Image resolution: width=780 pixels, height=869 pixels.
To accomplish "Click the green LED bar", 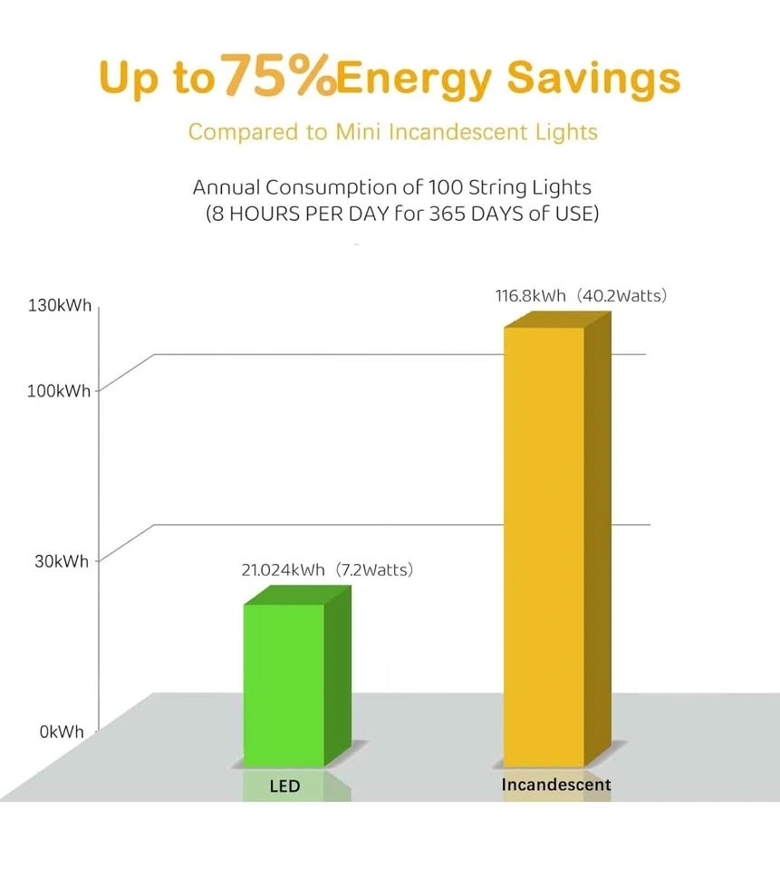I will pos(284,683).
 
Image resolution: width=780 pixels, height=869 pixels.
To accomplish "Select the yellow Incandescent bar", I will pos(544,543).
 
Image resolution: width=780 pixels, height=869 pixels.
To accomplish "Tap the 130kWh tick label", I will pos(62,306).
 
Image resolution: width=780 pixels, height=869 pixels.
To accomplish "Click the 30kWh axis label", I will pos(62,561).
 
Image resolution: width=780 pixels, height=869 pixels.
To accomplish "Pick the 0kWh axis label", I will pos(62,731).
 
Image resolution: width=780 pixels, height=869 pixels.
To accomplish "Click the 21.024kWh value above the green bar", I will pos(283,570).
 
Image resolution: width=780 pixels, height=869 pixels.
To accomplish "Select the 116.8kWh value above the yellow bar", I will pos(530,296).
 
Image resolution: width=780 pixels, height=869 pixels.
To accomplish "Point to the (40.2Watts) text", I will pos(622,296).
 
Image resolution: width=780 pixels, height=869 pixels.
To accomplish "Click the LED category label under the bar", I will pos(284,786).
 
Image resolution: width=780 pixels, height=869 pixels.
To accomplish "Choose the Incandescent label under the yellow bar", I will pos(556,785).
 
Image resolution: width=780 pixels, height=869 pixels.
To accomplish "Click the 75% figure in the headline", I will pos(277,77).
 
